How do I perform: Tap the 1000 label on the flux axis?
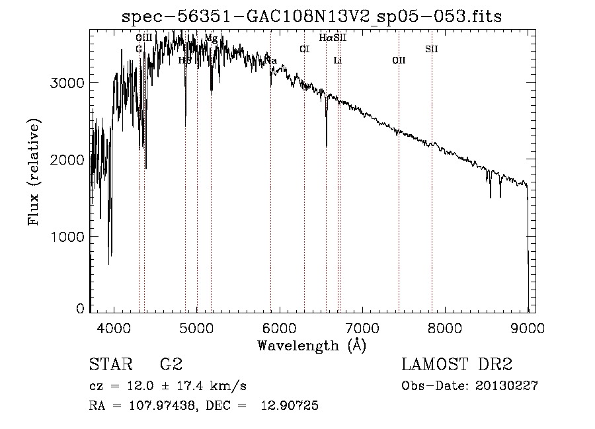pyautogui.click(x=69, y=237)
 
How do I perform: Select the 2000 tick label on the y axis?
pyautogui.click(x=69, y=160)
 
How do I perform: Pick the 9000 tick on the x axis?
pyautogui.click(x=528, y=327)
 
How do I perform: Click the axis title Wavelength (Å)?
pyautogui.click(x=311, y=344)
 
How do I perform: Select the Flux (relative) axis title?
pyautogui.click(x=34, y=172)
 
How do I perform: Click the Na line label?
pyautogui.click(x=270, y=61)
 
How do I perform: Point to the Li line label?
pyautogui.click(x=337, y=61)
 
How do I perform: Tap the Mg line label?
pyautogui.click(x=211, y=38)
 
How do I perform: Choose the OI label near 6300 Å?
pyautogui.click(x=304, y=49)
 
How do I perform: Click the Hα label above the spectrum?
pyautogui.click(x=325, y=38)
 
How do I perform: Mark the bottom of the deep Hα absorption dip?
pyautogui.click(x=327, y=145)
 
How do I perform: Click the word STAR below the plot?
pyautogui.click(x=110, y=365)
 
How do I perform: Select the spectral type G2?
pyautogui.click(x=171, y=365)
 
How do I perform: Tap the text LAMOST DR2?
pyautogui.click(x=457, y=365)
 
